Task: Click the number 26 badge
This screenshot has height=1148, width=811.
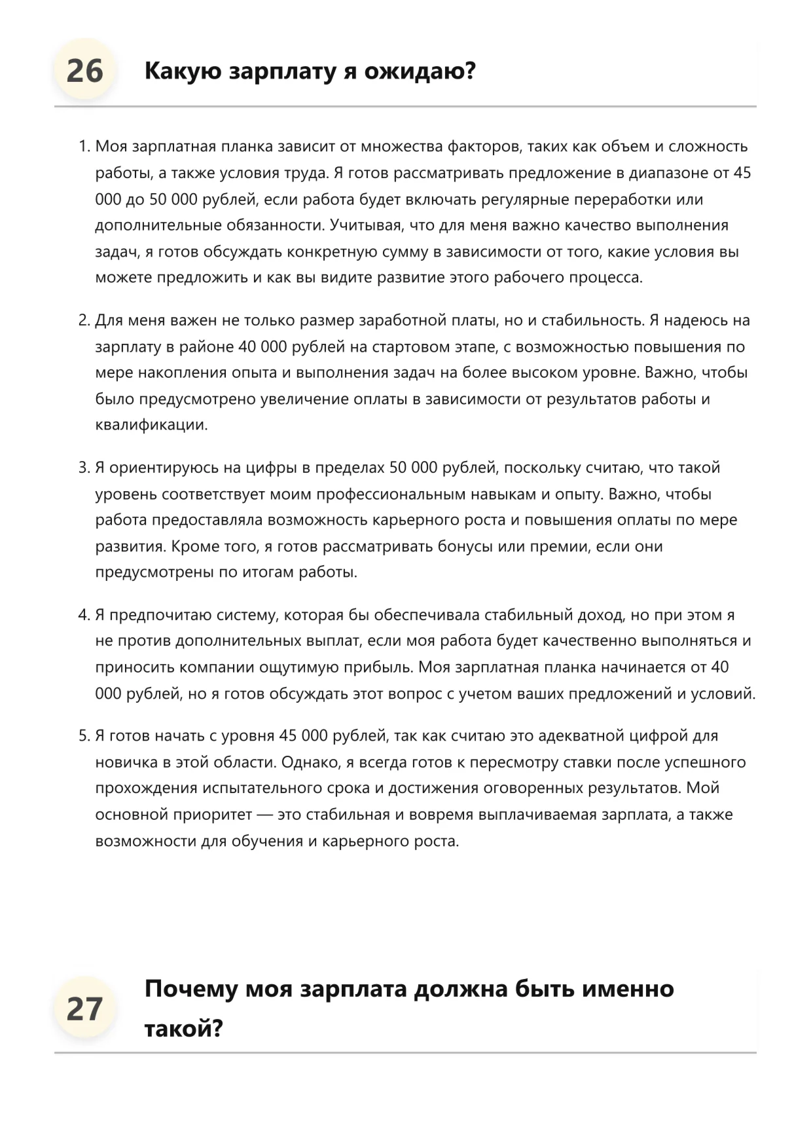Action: [84, 71]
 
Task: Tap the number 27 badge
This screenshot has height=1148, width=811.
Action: [84, 1009]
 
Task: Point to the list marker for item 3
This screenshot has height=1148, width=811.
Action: [84, 468]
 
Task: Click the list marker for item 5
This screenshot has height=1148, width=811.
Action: [84, 736]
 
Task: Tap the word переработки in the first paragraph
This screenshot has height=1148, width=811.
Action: [632, 199]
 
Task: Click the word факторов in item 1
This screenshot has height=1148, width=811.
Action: [484, 147]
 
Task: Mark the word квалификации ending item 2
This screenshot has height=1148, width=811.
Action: [151, 425]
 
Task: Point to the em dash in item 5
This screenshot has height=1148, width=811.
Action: [264, 815]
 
